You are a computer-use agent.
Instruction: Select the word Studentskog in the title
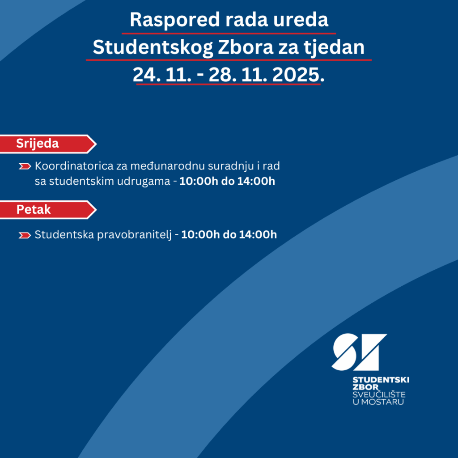point(152,47)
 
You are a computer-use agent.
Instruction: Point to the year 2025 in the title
point(296,75)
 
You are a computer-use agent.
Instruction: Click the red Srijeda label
point(38,144)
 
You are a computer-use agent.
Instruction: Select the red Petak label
point(34,209)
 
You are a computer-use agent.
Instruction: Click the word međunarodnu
point(171,166)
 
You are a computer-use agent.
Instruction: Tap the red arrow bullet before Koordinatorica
point(25,166)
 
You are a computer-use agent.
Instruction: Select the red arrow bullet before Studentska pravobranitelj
point(25,235)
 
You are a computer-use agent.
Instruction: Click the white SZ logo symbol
point(359,352)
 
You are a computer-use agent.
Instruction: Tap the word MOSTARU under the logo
point(383,402)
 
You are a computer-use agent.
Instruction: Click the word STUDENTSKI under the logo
point(381,380)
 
